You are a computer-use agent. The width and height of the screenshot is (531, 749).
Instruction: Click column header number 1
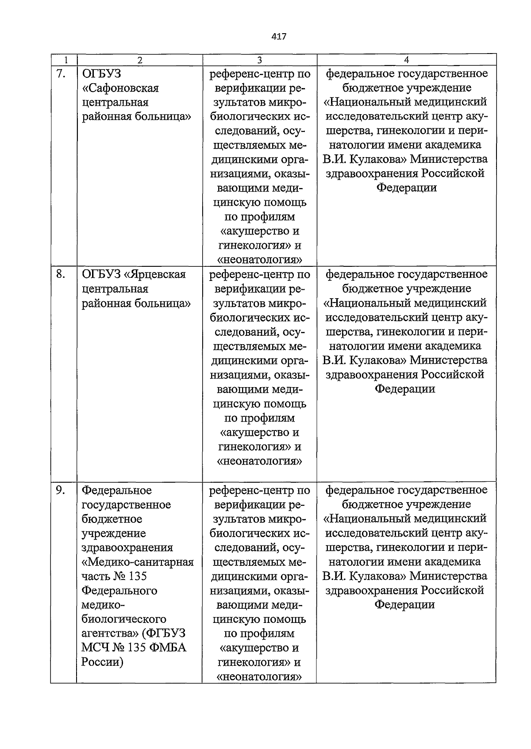point(65,60)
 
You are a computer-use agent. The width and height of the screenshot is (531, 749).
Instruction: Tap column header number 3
point(260,60)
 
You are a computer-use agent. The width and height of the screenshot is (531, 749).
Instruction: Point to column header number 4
point(407,60)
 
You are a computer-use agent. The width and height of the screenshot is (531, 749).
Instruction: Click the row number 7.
point(61,74)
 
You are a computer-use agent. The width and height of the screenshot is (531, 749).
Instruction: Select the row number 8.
point(61,275)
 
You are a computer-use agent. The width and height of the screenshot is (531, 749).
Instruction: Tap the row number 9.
point(61,490)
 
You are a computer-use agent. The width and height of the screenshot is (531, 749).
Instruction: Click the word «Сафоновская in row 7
point(120,88)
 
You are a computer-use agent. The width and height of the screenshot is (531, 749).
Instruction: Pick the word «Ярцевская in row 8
point(154,275)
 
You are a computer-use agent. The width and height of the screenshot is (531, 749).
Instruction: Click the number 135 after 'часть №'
point(138,576)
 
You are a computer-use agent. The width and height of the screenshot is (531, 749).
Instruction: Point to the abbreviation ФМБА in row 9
point(168,648)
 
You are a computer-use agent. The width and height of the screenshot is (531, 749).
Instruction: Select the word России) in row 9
point(102,662)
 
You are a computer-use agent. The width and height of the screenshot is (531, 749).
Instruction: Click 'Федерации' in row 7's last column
point(407,188)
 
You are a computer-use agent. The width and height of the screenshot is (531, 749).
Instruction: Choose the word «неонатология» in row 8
point(260,461)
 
